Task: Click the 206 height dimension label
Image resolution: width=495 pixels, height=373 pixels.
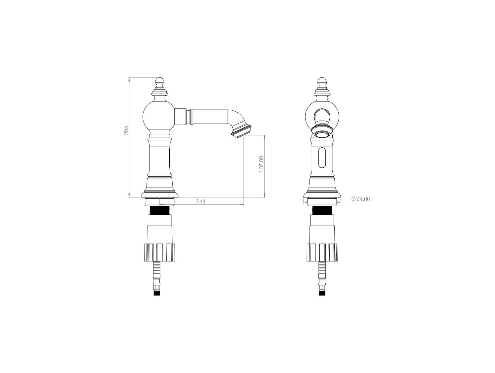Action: point(126,130)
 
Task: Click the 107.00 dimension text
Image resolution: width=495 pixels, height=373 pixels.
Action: point(261,164)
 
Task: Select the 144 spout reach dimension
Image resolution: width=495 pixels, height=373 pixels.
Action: point(201,201)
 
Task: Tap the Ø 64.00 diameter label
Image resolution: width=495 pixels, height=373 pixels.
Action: point(361,199)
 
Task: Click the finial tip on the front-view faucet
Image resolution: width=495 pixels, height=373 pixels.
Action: point(322,78)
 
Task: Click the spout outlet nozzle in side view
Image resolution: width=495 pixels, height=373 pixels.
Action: point(241,130)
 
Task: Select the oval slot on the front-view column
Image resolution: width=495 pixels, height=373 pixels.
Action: point(322,158)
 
